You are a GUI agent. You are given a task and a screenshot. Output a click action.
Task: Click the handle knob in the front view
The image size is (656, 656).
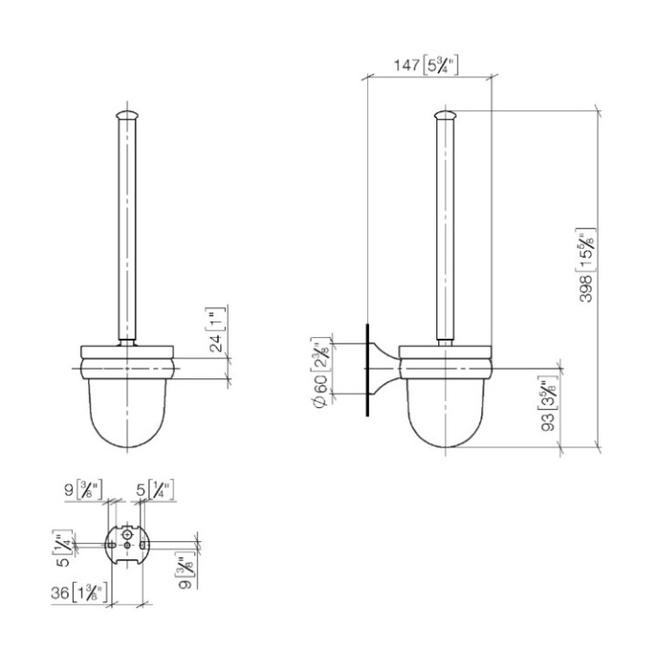tap(127, 115)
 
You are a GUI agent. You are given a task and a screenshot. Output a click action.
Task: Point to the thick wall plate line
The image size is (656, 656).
tap(367, 368)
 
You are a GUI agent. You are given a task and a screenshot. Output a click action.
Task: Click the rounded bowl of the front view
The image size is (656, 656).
tap(127, 415)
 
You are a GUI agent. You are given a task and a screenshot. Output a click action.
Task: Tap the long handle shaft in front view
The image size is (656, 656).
tap(127, 228)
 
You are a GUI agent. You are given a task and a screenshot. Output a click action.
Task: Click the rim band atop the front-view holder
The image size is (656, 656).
tap(127, 351)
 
